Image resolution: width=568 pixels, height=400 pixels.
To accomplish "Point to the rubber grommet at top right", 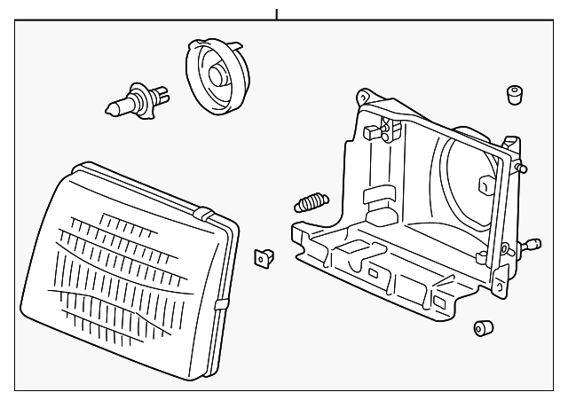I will click(512, 95).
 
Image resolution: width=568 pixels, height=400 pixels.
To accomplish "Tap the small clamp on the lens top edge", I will click(202, 214).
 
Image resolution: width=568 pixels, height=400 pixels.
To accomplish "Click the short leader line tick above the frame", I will click(278, 14).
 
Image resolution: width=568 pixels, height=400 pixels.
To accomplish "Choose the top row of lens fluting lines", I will click(133, 220).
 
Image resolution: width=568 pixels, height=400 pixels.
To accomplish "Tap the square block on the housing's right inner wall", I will click(485, 185).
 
